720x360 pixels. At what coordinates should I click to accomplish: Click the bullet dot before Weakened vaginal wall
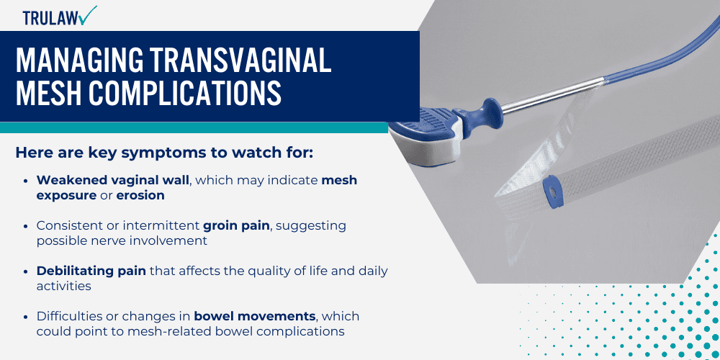point(27,181)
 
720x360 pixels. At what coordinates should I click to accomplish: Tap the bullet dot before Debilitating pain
point(27,271)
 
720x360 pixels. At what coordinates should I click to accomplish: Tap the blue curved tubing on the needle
point(648,50)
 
